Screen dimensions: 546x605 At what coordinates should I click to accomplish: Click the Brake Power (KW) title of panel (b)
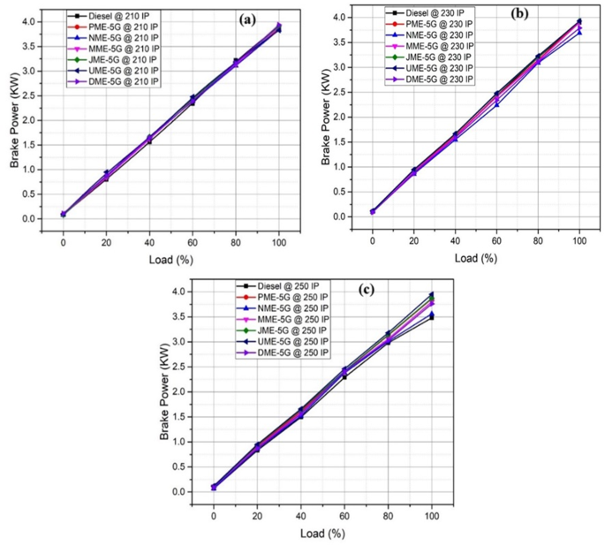coord(327,115)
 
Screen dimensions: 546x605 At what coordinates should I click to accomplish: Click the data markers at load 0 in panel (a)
coord(63,214)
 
